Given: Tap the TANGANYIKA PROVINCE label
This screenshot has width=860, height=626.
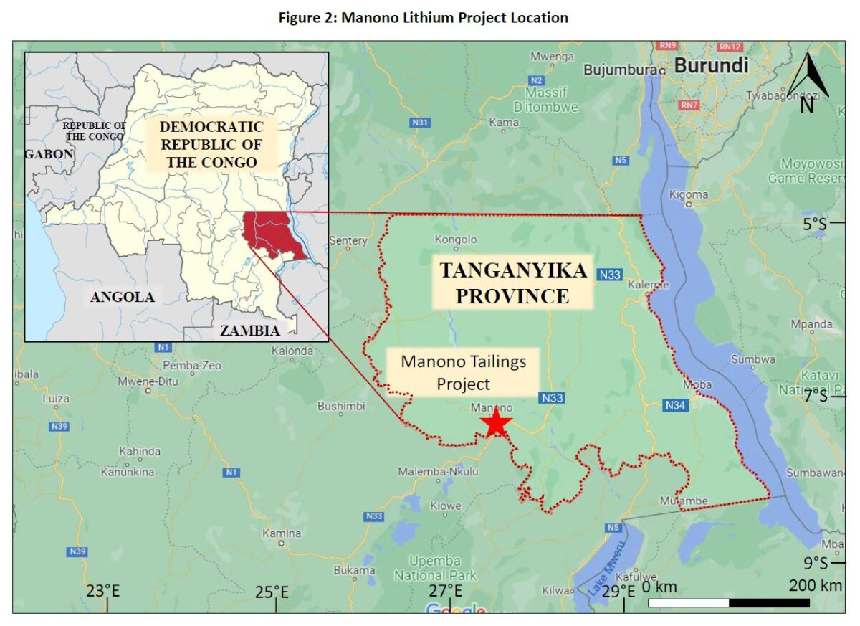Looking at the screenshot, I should (512, 283).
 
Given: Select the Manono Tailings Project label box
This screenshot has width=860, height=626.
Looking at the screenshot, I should (463, 372).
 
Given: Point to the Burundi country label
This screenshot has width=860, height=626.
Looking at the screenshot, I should (712, 66).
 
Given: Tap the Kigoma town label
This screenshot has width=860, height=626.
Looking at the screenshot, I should (689, 194).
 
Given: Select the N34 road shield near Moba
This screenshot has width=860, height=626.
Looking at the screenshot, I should (676, 404).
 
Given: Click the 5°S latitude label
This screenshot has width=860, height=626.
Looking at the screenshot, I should (813, 224).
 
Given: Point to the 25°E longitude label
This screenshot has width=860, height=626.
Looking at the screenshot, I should (272, 592).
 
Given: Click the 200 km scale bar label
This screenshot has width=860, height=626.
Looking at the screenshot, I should (815, 586).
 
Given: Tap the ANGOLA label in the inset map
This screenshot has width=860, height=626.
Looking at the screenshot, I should (123, 297).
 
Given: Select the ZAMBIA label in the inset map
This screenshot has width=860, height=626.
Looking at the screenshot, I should (249, 331).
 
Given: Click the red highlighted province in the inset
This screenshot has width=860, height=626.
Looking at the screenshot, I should (273, 234).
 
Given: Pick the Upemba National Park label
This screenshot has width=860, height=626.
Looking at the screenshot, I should (435, 567).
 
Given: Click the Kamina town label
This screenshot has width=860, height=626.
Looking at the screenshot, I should (282, 533).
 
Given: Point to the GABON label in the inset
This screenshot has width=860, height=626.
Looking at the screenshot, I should (49, 153).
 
